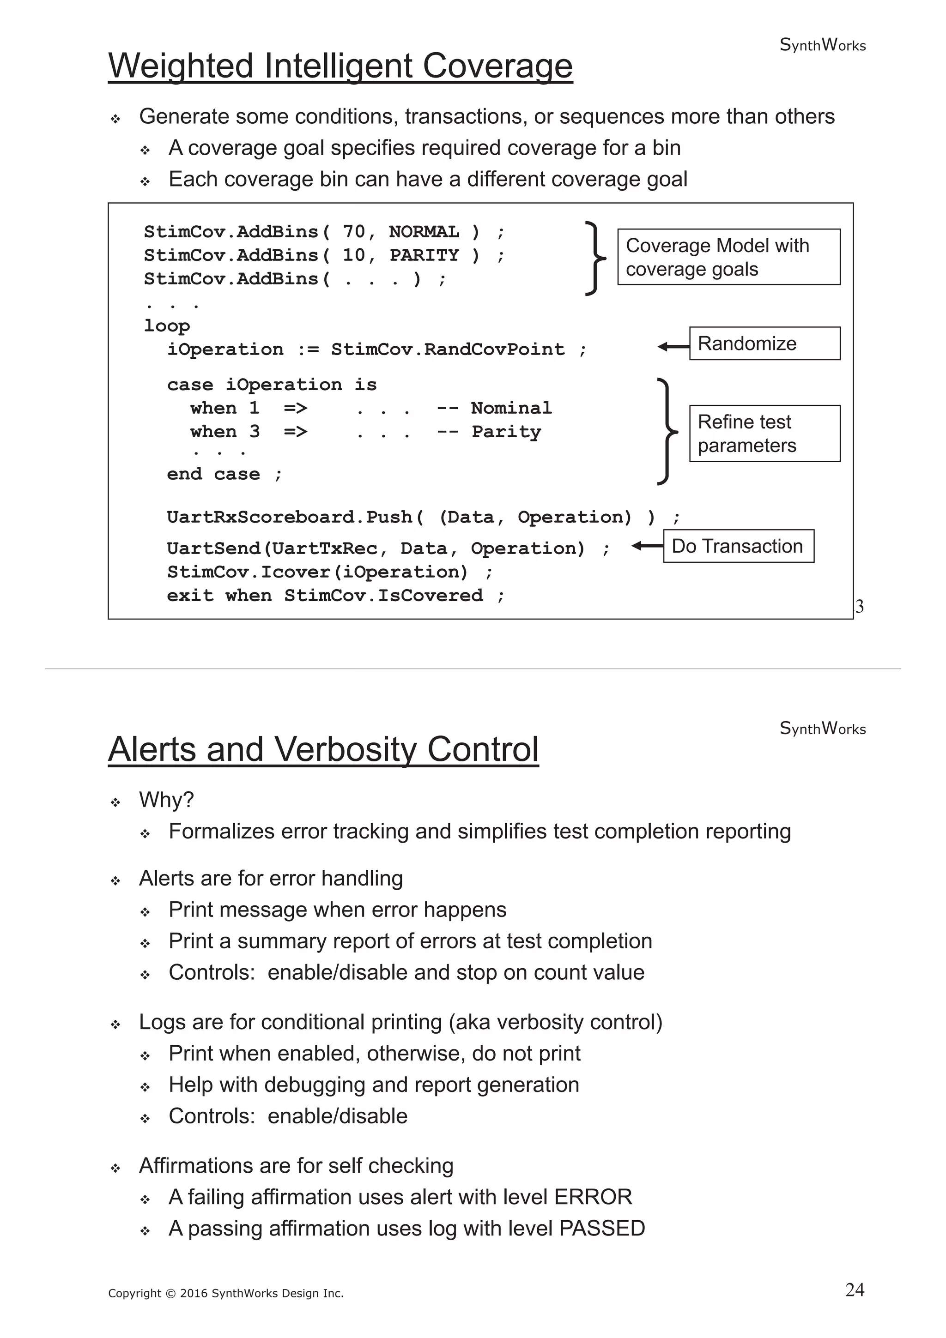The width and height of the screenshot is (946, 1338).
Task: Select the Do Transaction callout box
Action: coord(738,546)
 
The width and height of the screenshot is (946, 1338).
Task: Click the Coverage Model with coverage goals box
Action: coord(728,257)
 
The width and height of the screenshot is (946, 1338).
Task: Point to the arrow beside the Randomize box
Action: coord(673,347)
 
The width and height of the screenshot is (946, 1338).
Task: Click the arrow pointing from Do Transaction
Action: coord(647,546)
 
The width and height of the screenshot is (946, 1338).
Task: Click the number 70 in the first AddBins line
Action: coord(354,232)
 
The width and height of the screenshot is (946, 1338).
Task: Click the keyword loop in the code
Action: coord(167,326)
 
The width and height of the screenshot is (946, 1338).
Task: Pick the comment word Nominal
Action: coord(511,408)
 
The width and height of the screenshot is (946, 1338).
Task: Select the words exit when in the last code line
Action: coord(219,596)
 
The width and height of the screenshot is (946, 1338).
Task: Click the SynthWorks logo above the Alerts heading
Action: coord(822,729)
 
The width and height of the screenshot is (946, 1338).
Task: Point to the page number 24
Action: coord(855,1290)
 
